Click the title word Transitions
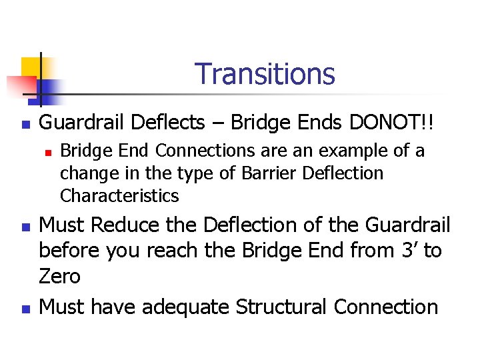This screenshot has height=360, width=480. point(265,74)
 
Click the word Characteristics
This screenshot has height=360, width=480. point(119,196)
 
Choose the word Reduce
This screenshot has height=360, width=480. point(127,226)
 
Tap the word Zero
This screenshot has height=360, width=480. point(60,276)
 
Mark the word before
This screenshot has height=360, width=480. point(71,251)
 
